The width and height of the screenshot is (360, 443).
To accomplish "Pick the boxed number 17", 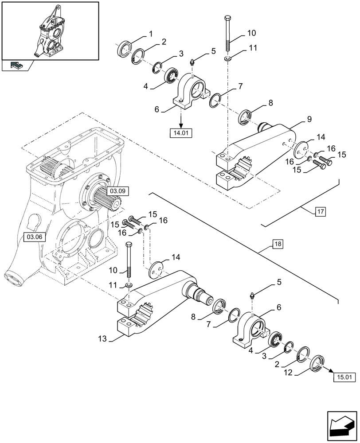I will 320,212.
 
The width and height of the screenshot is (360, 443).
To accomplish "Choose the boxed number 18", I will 277,244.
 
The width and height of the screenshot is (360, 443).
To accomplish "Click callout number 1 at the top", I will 151,34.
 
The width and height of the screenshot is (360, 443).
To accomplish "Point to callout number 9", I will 309,119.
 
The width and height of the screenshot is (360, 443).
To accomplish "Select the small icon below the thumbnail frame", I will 17,66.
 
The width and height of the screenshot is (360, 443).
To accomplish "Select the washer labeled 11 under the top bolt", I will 228,59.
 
